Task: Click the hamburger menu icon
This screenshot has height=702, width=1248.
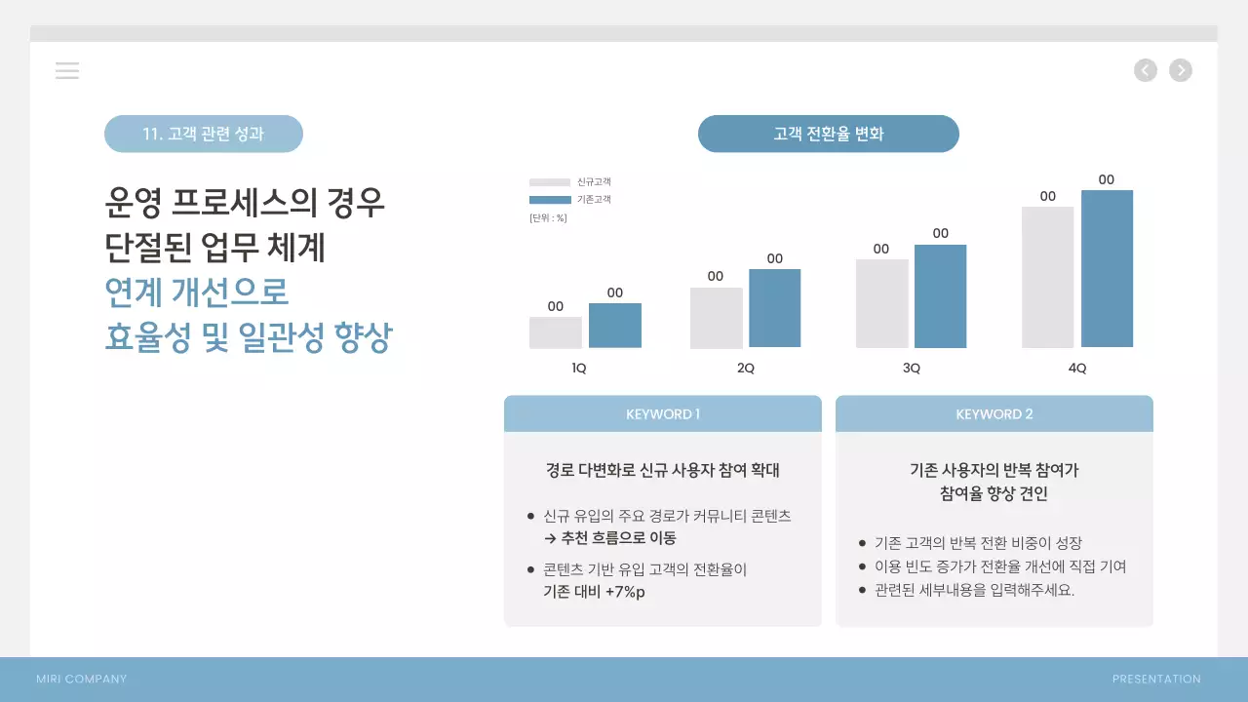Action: [x=67, y=70]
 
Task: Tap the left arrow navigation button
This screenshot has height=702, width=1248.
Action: [x=1146, y=70]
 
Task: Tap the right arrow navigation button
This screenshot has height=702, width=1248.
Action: [x=1181, y=70]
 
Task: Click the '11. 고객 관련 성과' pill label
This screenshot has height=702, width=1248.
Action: [x=204, y=135]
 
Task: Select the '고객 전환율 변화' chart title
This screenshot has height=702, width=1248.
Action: [x=829, y=135]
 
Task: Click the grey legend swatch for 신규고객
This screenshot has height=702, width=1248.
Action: [x=550, y=182]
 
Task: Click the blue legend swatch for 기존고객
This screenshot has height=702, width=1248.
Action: [x=550, y=200]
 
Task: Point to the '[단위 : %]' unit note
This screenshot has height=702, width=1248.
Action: [x=548, y=217]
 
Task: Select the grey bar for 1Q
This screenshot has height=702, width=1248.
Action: [x=556, y=332]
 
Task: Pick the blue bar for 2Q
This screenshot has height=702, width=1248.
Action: [x=775, y=308]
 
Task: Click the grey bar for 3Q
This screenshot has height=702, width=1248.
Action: [x=881, y=303]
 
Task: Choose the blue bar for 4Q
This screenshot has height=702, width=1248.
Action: [x=1107, y=268]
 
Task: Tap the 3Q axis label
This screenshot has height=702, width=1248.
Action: [x=912, y=369]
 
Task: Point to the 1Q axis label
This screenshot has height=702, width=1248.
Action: [x=579, y=369]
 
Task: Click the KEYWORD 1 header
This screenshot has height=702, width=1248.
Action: [x=663, y=414]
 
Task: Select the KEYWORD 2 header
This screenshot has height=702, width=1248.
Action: [x=994, y=414]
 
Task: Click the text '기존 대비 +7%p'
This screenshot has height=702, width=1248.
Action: [x=594, y=592]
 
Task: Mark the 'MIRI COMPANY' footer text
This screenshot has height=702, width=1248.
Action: [x=82, y=680]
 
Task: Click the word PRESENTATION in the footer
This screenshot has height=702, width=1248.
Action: [x=1156, y=680]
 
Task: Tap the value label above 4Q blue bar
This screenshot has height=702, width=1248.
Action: [x=1107, y=179]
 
